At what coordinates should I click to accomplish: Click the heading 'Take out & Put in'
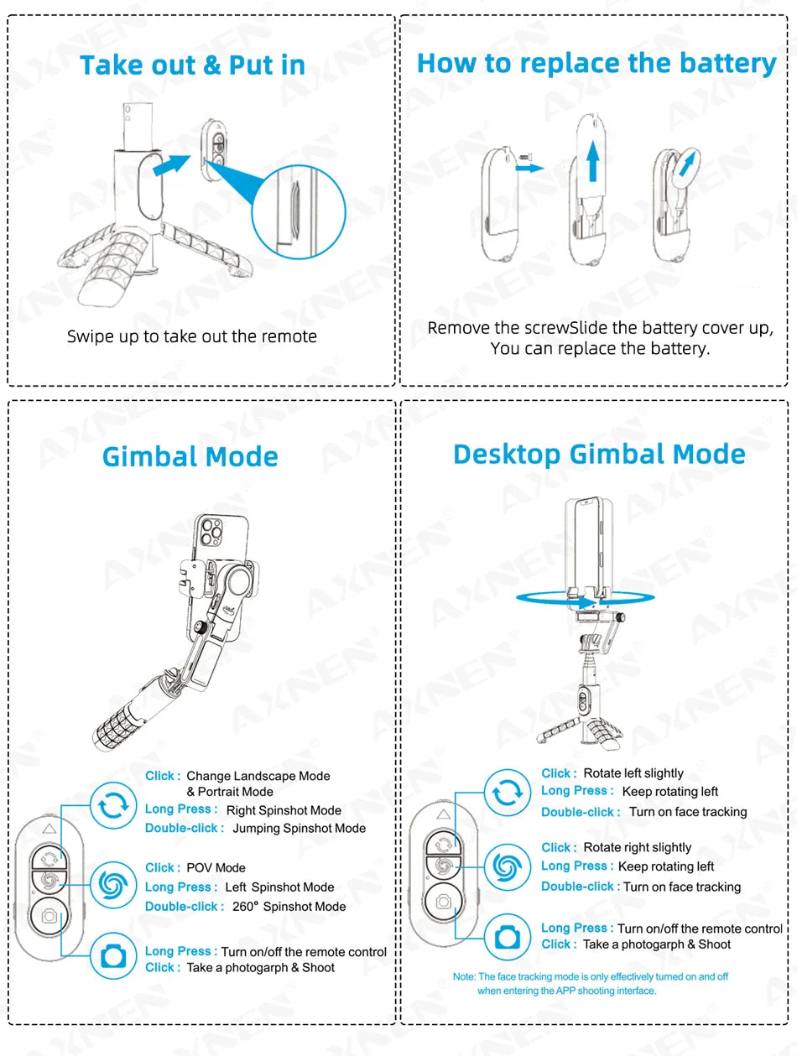point(192,65)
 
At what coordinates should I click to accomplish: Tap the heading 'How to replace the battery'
point(596,64)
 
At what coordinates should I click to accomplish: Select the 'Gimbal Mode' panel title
point(190,457)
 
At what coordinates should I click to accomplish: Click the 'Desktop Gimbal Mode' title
point(599,455)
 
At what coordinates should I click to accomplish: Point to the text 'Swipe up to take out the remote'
point(192,337)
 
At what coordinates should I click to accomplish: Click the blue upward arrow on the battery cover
point(593,161)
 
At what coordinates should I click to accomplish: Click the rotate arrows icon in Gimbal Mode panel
point(112,806)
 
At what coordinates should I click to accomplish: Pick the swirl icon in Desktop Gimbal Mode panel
point(507,866)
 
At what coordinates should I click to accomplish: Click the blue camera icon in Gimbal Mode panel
point(112,956)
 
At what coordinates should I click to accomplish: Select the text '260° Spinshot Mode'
point(287,907)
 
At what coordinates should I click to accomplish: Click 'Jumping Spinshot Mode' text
point(299,829)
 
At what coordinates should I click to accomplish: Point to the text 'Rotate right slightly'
point(637,848)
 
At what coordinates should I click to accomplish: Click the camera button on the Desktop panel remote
point(443,903)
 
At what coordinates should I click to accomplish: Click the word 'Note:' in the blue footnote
point(464,977)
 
